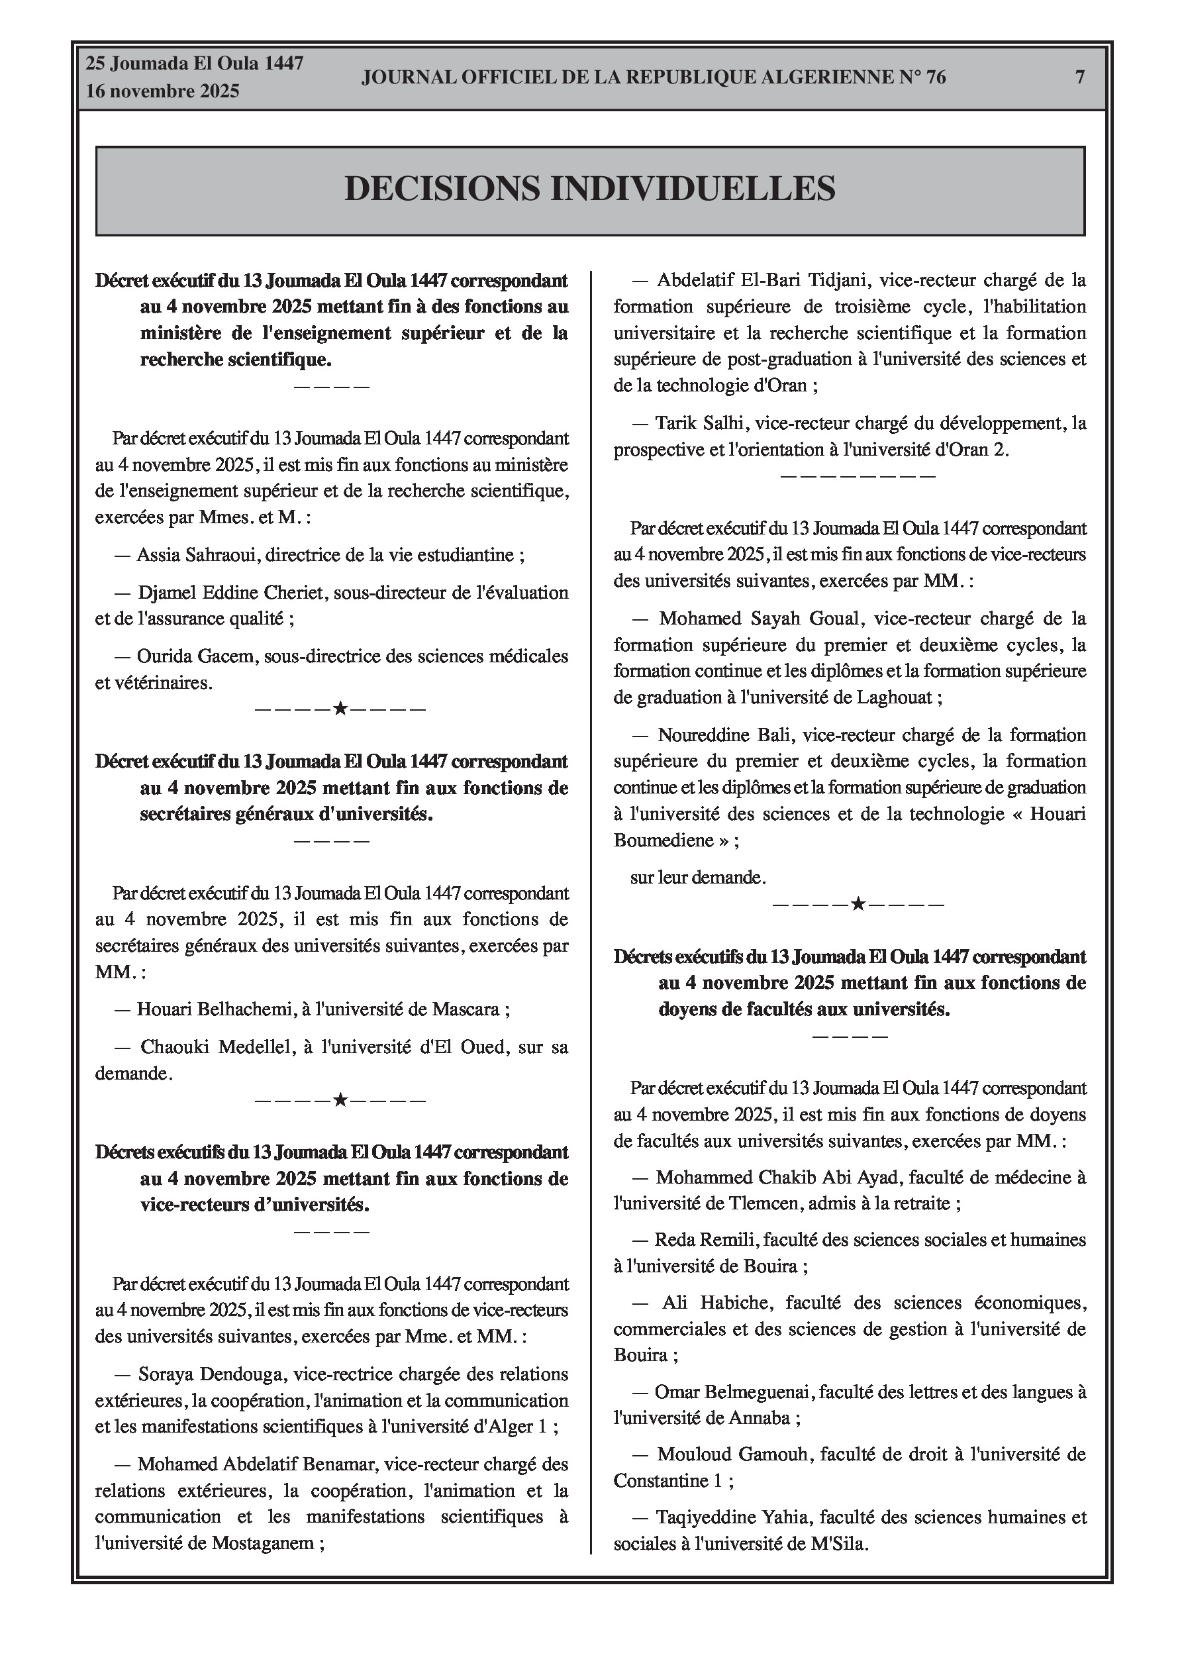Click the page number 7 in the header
[1080, 77]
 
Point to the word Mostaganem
[262, 1543]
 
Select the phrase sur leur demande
[697, 878]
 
